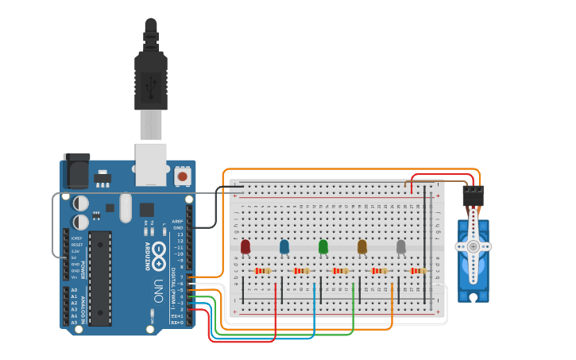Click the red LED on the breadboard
point(245,247)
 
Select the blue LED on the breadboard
point(284,247)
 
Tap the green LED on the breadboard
point(323,247)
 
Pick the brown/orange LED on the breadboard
point(362,247)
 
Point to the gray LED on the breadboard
point(401,247)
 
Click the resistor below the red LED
point(263,271)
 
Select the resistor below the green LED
point(341,271)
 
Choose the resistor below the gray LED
point(418,271)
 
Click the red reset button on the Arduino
point(183,176)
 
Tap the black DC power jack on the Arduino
point(76,171)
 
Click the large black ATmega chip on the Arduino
point(100,278)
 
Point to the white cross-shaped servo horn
point(474,246)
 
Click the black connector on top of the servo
point(474,195)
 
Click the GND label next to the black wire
point(179,228)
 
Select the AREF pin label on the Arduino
point(178,222)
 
